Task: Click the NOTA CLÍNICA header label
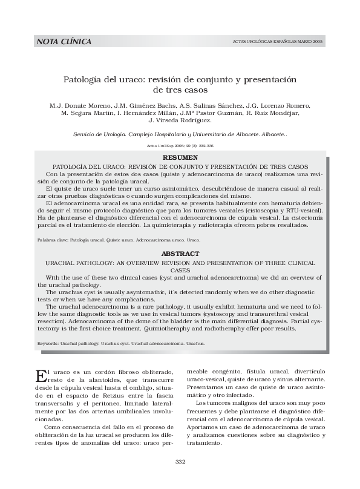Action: (64, 42)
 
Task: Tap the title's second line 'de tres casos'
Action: (180, 90)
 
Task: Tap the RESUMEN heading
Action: (180, 157)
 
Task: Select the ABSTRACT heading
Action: (180, 254)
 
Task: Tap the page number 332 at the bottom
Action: (180, 462)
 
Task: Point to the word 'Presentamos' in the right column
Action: (206, 386)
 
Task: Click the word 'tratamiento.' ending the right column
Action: (206, 442)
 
